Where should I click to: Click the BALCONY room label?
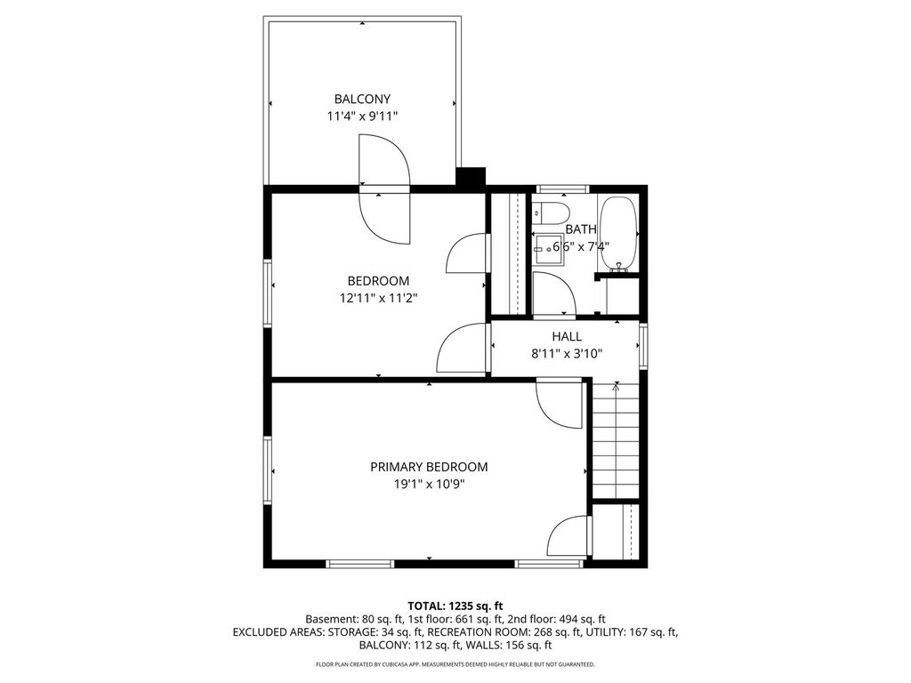point(362,99)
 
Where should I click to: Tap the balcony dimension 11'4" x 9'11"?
point(362,117)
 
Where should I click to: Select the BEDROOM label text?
point(378,281)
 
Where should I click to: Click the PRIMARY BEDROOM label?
point(429,467)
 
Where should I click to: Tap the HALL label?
point(567,336)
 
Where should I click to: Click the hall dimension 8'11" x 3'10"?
point(567,354)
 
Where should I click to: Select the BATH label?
point(580,229)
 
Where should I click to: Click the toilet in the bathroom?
point(550,213)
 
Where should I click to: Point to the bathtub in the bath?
point(618,234)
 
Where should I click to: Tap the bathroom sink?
point(548,249)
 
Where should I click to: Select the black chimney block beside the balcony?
point(471,177)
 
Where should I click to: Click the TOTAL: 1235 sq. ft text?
point(455,607)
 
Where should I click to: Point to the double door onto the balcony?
point(384,189)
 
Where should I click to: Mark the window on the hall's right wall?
point(643,346)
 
